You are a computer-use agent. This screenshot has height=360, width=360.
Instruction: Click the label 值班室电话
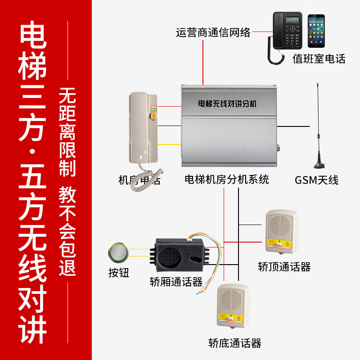[319, 59]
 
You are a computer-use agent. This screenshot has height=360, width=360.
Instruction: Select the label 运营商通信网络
[213, 32]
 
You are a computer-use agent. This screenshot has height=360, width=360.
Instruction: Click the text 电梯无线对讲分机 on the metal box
[227, 103]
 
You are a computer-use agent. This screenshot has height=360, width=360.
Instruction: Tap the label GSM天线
[316, 180]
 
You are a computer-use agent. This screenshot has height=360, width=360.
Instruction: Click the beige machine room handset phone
[144, 130]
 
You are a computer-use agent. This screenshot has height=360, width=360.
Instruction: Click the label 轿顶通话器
[284, 267]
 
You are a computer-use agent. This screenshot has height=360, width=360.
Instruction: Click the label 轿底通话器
[235, 343]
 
